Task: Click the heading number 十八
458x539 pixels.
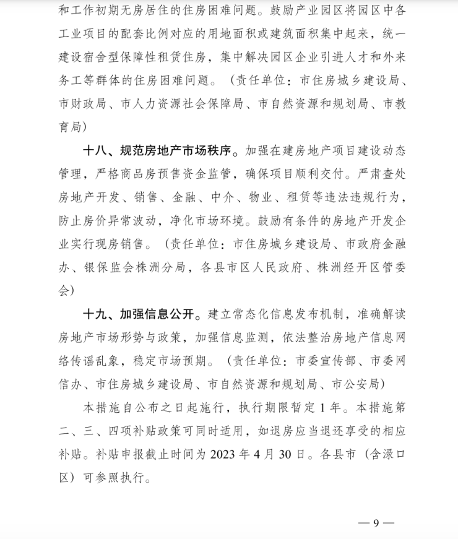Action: click(x=96, y=150)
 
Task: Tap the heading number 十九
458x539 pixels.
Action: click(x=96, y=312)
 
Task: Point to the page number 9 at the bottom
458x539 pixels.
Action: click(x=376, y=524)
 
